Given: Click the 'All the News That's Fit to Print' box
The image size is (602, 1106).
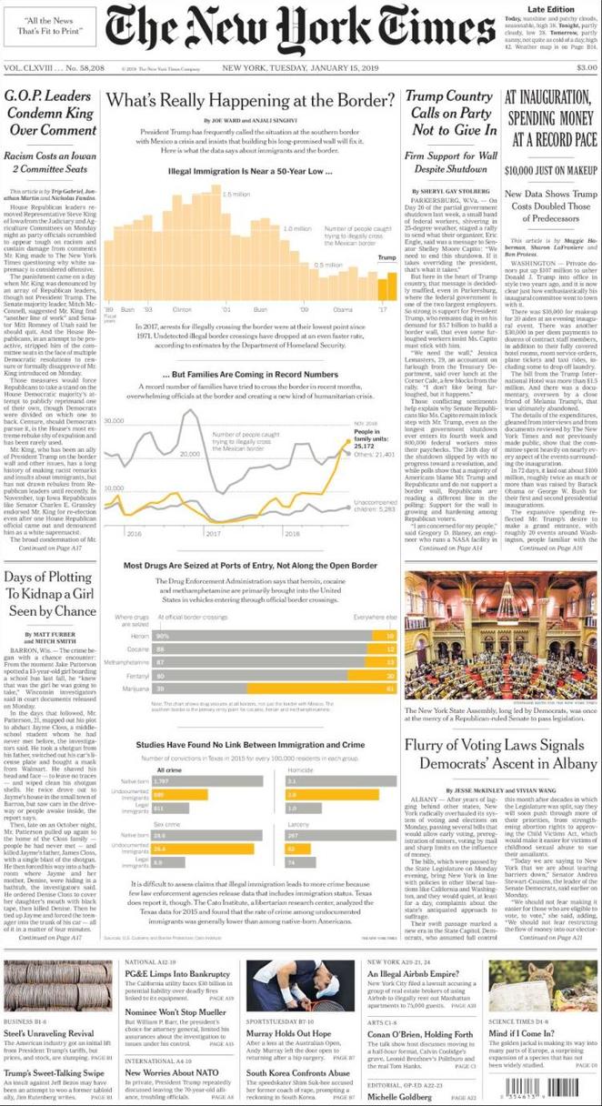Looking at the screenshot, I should point(45,26).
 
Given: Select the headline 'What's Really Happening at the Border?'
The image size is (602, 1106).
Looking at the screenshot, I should point(250,99).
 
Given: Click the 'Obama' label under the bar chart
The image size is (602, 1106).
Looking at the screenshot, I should point(343,309).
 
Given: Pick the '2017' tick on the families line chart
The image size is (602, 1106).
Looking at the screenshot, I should point(214,533).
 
